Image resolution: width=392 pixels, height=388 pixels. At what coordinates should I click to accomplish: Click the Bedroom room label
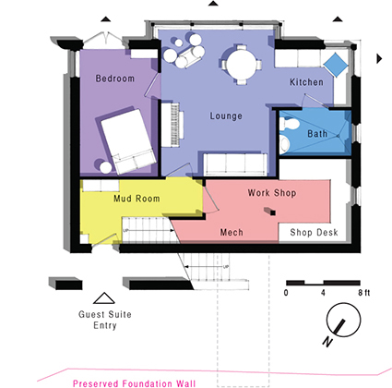pos(115,79)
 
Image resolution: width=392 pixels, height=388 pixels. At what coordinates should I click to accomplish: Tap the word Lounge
pos(226,116)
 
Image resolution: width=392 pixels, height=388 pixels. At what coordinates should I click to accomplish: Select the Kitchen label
pos(306,82)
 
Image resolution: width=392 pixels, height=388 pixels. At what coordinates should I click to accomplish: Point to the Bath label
pos(317,134)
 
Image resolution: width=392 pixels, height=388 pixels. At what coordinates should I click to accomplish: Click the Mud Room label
pos(137,199)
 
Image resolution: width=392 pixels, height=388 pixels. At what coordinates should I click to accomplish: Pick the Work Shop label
pos(272,193)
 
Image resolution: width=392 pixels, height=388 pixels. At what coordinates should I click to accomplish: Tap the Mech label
pos(232,232)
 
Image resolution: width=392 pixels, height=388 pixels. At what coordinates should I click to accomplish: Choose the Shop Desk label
pos(314,232)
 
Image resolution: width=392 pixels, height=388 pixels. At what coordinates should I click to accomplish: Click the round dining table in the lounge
pos(242,65)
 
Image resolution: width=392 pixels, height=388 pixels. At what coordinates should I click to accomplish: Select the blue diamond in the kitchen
pos(336,65)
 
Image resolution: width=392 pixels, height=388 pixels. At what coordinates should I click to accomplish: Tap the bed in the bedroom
pos(128,141)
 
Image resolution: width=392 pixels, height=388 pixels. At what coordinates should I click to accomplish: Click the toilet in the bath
pos(289,124)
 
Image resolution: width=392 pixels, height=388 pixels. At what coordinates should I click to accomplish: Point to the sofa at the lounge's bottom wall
pos(235,164)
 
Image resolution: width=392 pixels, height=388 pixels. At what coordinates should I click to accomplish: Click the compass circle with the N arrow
pos(343,320)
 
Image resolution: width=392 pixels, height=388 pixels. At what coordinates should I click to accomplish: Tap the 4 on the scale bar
pos(323,293)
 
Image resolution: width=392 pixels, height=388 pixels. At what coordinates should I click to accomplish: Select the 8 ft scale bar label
pos(364,293)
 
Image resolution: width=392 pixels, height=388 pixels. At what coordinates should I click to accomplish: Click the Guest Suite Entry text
pos(105,320)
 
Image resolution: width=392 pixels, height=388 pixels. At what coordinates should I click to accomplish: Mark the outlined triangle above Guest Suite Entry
pos(104,298)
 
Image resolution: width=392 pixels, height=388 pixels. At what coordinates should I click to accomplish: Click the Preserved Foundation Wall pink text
pos(134,383)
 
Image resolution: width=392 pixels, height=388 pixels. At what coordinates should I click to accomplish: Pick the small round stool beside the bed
pos(106,168)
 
